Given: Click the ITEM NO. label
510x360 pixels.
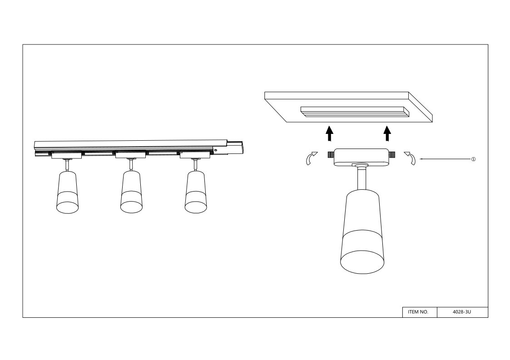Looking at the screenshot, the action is point(418,312).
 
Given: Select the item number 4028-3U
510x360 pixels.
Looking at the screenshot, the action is point(462,312).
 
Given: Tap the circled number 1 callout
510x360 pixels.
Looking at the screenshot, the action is point(473,159).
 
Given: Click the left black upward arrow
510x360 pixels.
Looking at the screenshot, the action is point(330,133).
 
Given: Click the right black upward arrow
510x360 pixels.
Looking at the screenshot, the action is point(387,133).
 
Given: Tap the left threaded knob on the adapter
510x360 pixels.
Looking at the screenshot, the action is point(331,154).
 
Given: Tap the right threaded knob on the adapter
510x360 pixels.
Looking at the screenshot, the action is point(391,154).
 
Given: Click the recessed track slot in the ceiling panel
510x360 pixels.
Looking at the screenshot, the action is point(354,112).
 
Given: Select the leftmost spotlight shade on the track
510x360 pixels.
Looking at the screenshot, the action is point(67,192).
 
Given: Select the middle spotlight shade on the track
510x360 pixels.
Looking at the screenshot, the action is point(131,192).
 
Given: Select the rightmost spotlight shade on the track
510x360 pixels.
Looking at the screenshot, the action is point(196,192).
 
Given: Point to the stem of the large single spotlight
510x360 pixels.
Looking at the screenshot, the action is point(361,178).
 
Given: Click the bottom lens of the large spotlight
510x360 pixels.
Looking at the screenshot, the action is point(362,261).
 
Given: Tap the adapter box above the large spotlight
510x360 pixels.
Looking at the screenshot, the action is point(361,157).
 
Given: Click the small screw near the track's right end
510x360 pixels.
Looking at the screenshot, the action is point(215,150).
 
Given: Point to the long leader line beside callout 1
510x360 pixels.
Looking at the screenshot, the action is point(445,159).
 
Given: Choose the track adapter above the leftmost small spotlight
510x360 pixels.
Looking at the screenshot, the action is point(66,156).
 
